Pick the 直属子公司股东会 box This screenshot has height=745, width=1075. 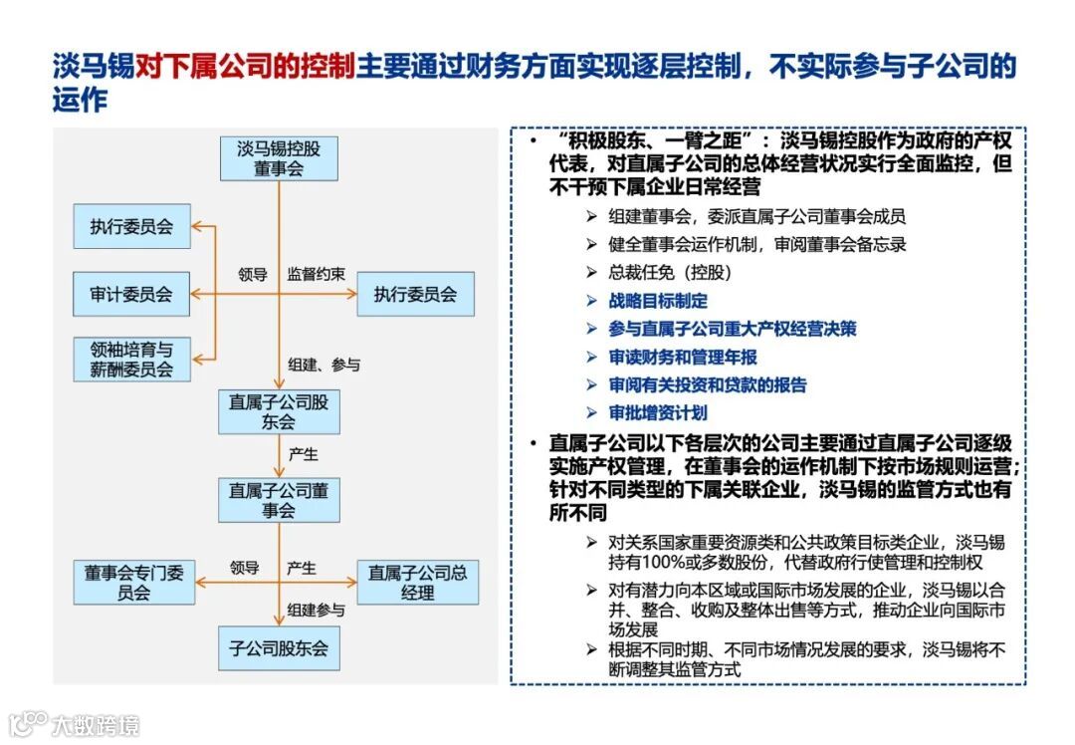point(279,412)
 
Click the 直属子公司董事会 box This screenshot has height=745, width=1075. point(279,500)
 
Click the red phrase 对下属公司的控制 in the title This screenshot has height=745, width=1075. point(245,67)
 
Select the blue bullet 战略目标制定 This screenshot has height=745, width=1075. point(658,301)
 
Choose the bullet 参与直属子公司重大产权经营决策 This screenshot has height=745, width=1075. point(733,329)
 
